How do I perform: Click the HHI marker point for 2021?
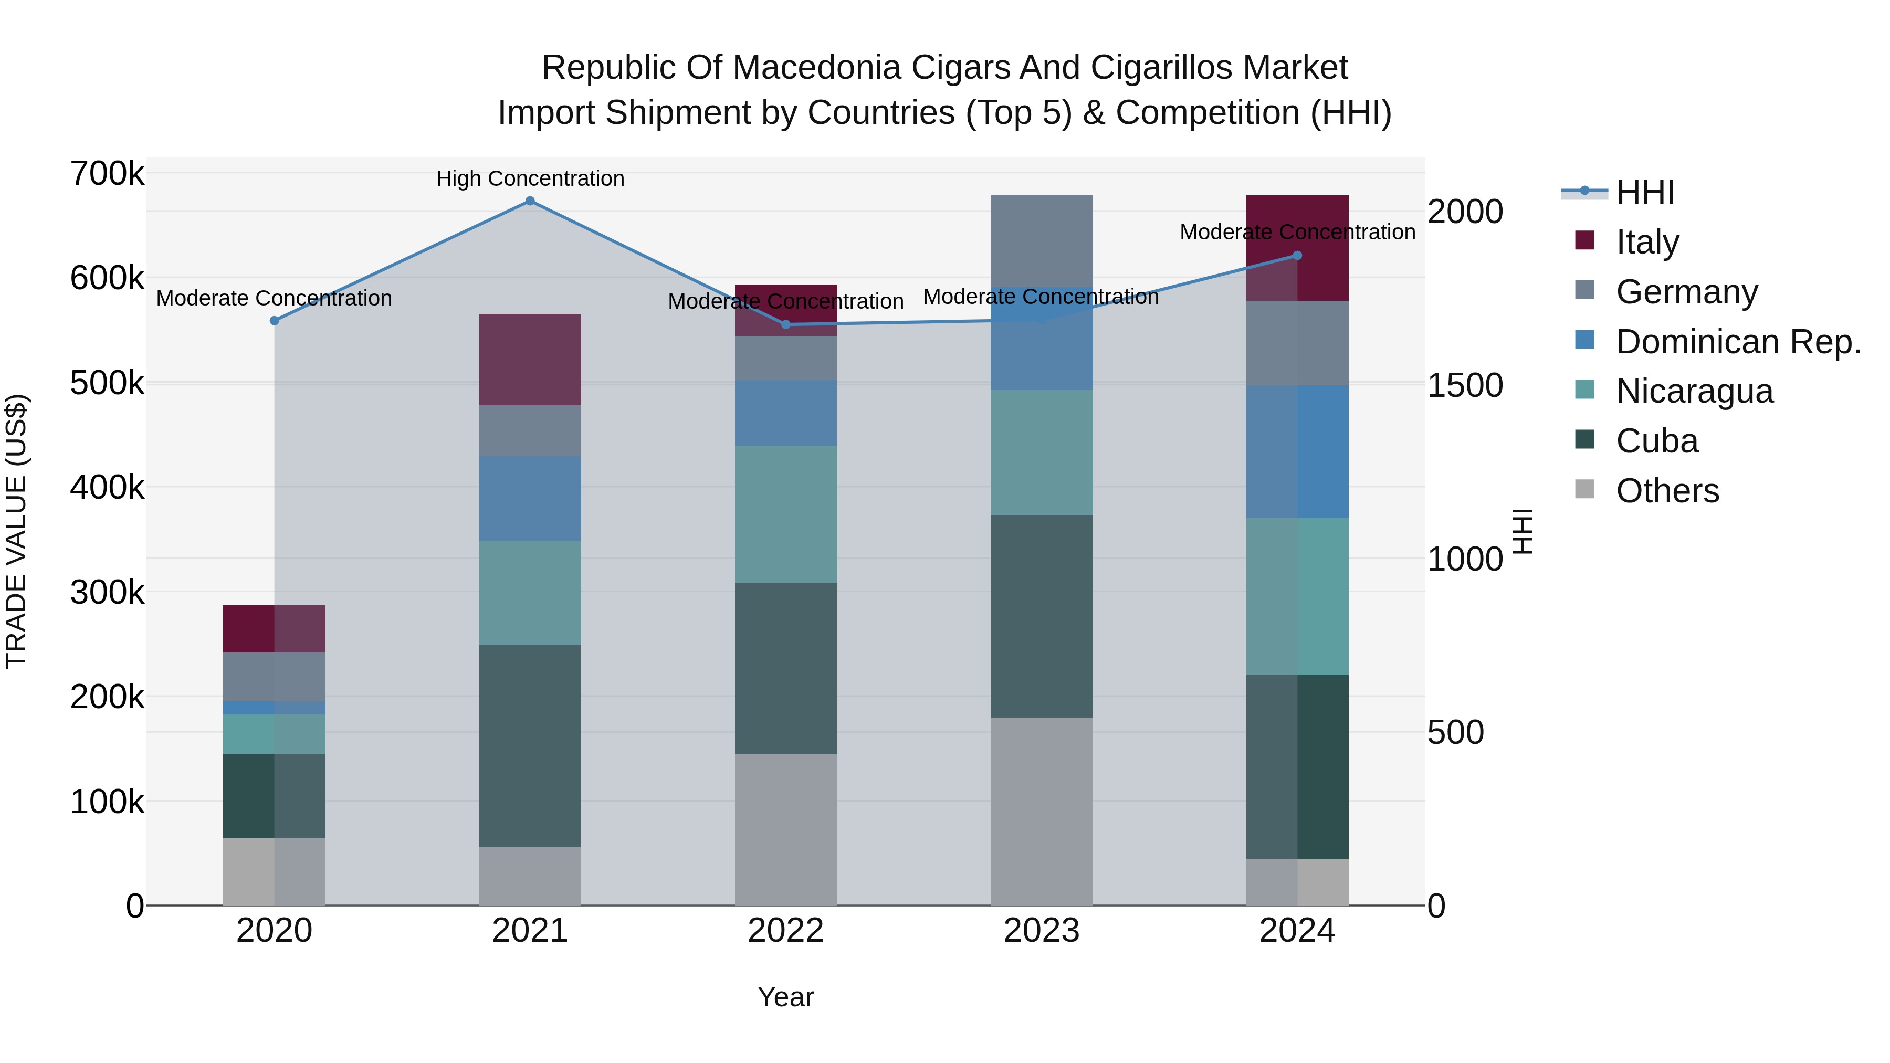tap(530, 201)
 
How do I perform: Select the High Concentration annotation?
tap(530, 178)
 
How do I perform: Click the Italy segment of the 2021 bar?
tap(530, 360)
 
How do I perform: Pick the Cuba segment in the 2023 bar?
tap(1041, 616)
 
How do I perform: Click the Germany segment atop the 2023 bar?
tap(1041, 240)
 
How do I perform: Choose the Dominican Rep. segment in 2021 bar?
tap(530, 499)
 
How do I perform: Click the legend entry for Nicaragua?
tap(1694, 391)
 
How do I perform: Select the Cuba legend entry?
tap(1657, 441)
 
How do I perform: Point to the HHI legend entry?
tap(1644, 192)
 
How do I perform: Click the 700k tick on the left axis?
tap(107, 175)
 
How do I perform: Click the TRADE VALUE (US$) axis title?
tap(16, 531)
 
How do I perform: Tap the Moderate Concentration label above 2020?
tap(274, 299)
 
